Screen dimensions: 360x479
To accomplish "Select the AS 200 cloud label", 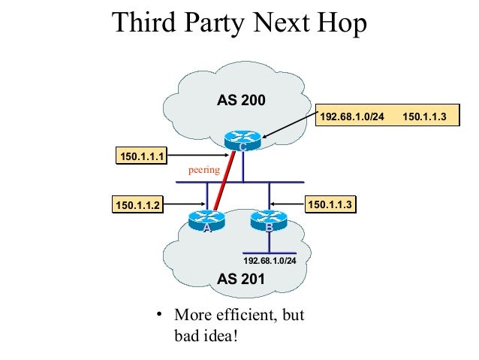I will (x=241, y=100).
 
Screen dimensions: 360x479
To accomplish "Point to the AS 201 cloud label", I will (x=241, y=280).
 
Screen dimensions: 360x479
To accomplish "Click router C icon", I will (x=242, y=139).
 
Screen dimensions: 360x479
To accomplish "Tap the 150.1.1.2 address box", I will (x=137, y=204).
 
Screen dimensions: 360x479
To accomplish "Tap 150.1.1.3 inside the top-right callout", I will (x=425, y=116).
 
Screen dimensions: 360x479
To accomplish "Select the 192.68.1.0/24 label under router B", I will (x=270, y=260).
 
